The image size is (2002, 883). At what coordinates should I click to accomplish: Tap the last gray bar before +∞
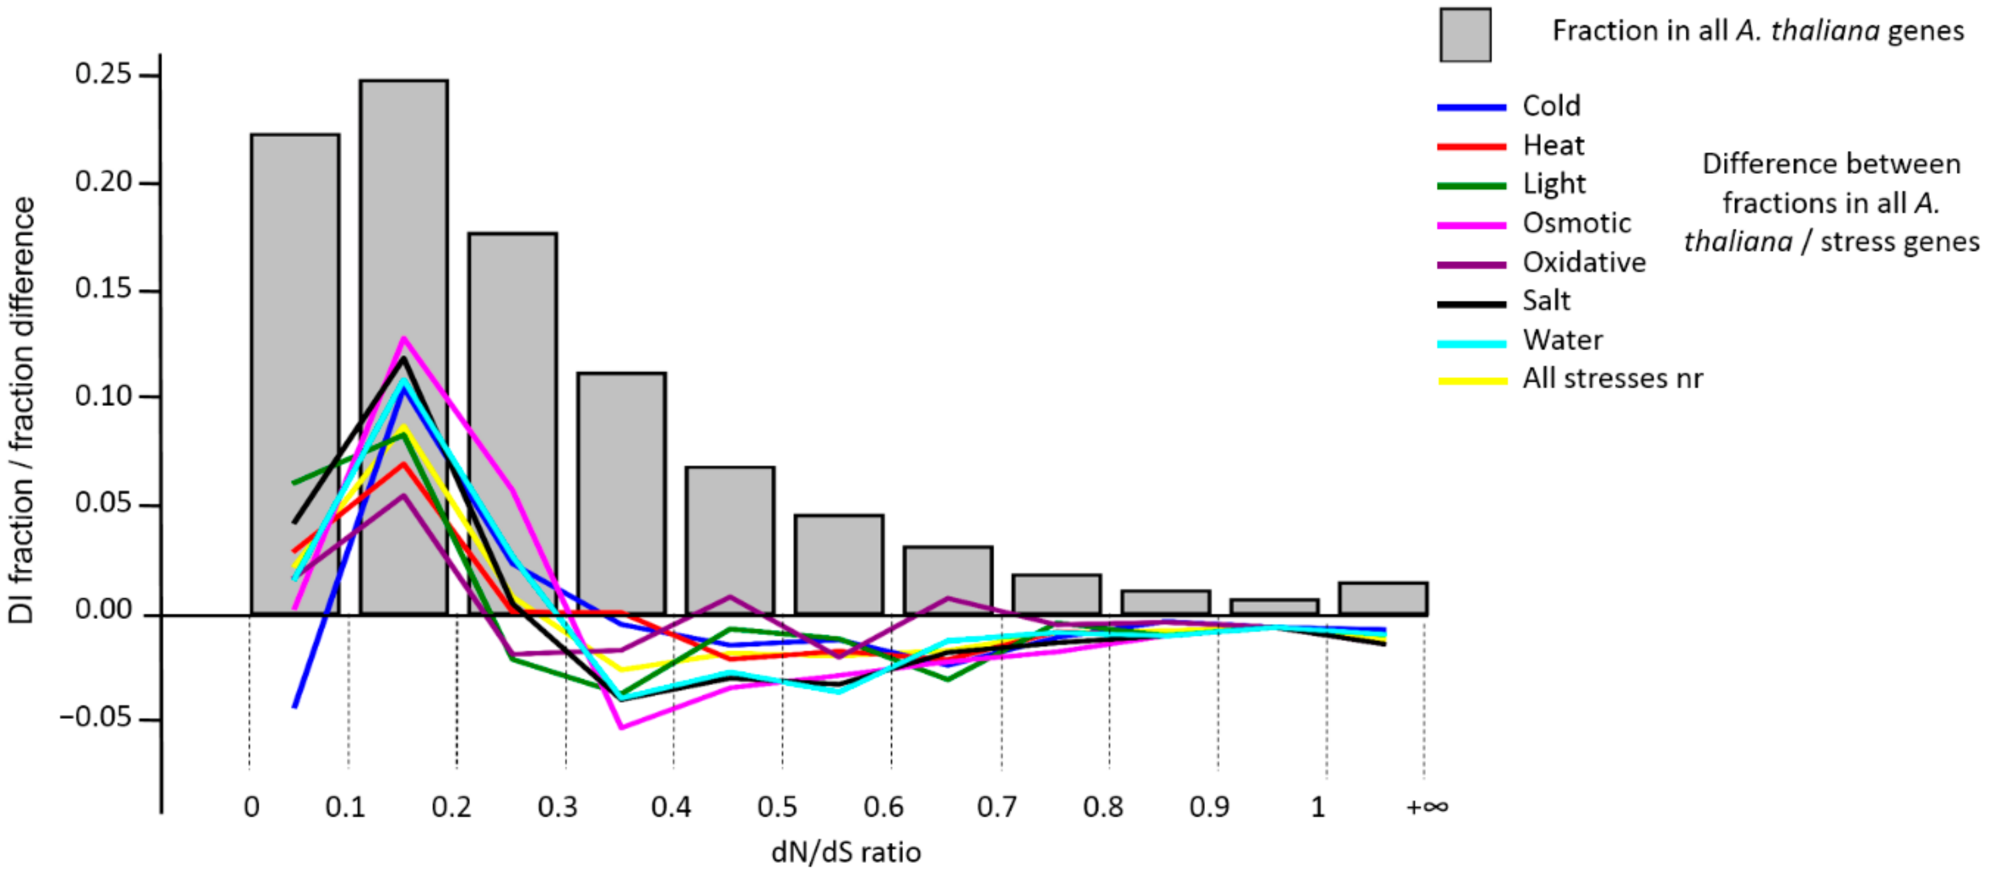coord(1383,598)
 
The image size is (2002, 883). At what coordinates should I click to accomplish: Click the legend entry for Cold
coord(1550,106)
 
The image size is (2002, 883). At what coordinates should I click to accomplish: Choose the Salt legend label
coord(1546,301)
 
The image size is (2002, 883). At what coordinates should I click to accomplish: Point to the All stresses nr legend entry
coord(1612,379)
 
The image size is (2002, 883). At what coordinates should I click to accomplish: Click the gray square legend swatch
coord(1464,35)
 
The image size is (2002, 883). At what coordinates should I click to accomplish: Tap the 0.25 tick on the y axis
coord(103,75)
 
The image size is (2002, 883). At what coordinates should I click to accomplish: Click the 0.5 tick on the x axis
coord(777,807)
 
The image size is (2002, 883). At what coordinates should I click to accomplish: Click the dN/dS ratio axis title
coord(846,853)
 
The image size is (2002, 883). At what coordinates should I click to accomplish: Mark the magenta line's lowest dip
coord(621,728)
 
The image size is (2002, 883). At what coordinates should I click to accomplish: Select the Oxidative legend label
coord(1583,263)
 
